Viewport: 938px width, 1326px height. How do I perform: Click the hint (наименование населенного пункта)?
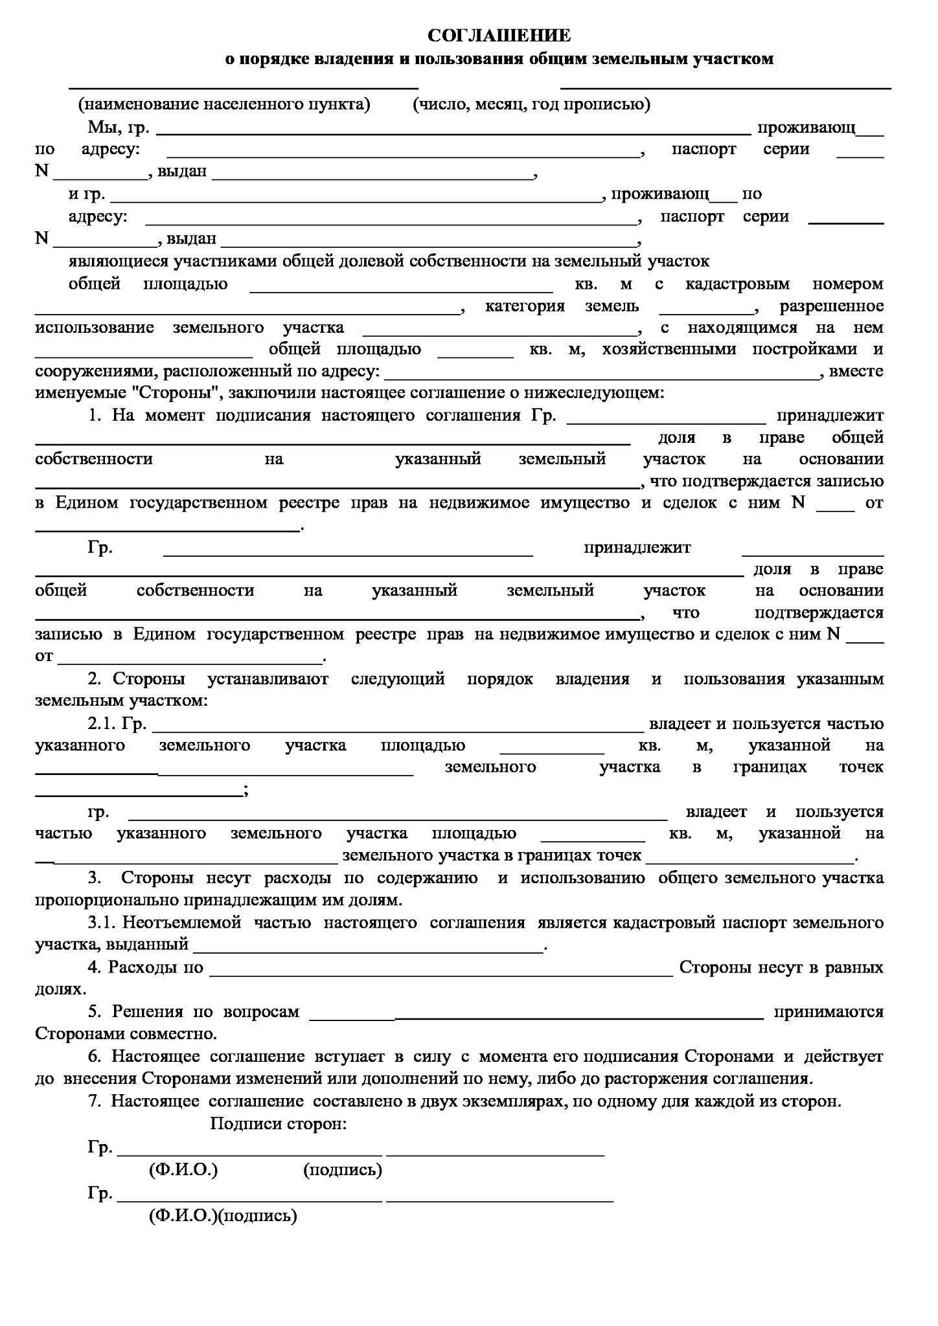[224, 104]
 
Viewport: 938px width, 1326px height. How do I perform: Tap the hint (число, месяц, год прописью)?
[531, 104]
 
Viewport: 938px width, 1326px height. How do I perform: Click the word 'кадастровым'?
[738, 284]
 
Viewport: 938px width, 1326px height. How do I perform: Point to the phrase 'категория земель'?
[562, 306]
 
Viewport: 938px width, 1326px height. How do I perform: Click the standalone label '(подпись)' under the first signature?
[342, 1170]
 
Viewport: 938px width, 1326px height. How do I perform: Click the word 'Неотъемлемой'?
[182, 922]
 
